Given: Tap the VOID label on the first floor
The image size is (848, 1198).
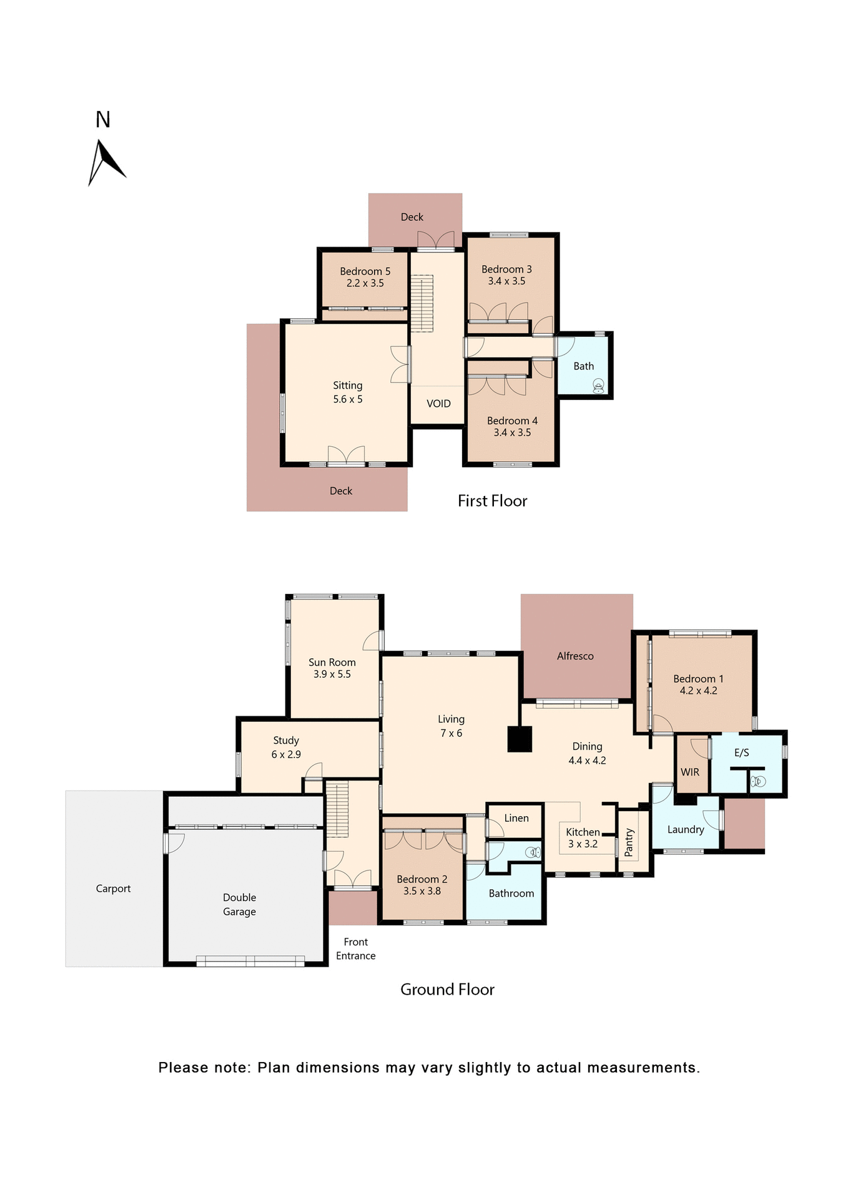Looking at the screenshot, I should click(438, 404).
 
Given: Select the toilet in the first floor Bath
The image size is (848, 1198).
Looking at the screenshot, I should click(598, 386).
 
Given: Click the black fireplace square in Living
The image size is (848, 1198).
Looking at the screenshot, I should click(520, 739).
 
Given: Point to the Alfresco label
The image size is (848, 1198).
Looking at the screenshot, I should click(575, 656).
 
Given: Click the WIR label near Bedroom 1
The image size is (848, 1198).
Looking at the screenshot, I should click(689, 772).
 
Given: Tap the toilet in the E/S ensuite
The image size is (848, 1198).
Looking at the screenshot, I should click(757, 781).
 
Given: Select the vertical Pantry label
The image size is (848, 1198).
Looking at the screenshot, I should click(629, 842).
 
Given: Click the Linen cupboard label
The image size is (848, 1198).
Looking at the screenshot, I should click(516, 818).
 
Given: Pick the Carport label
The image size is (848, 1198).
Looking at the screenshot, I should click(113, 889).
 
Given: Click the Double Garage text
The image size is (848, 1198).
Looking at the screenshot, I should click(239, 904).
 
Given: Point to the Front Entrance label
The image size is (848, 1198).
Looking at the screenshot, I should click(355, 948).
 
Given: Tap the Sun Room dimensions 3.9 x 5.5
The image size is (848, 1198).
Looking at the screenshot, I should click(332, 674).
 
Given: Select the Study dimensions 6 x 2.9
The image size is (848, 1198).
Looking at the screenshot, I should click(286, 754).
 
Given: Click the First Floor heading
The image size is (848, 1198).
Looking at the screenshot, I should click(492, 501).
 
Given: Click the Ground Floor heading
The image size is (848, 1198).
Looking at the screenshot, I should click(447, 990).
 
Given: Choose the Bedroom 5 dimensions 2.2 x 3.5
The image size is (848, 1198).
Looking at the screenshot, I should click(365, 283).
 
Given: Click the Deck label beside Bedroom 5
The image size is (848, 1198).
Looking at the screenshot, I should click(412, 217).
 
